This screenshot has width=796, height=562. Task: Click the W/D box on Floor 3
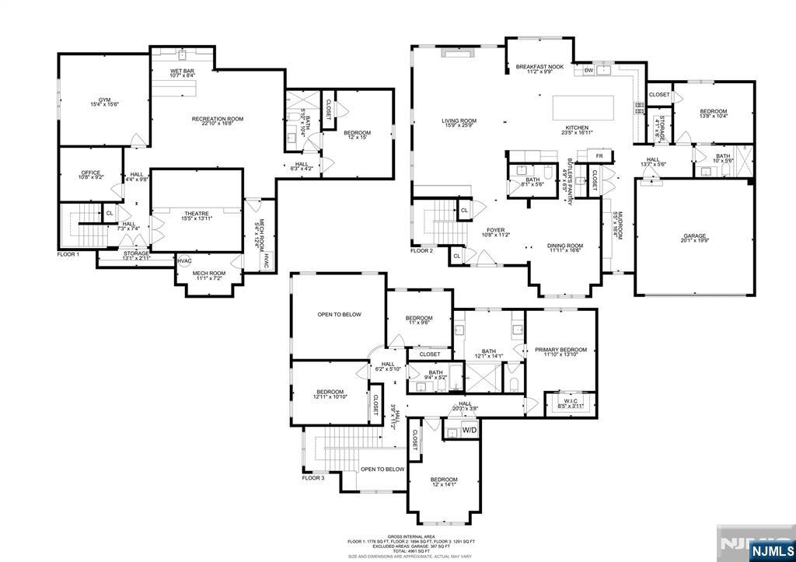469,430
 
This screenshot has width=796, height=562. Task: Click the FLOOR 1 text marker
68,254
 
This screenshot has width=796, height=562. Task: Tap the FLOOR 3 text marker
313,478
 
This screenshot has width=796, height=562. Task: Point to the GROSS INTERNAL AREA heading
398,536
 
